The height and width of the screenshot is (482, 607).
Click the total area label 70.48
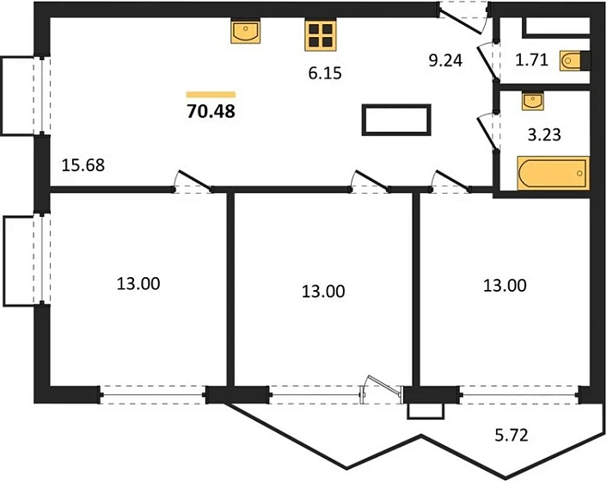211,112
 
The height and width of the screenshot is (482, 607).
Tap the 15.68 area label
83,165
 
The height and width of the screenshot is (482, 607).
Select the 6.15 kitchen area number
325,73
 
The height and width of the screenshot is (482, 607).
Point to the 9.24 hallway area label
445,61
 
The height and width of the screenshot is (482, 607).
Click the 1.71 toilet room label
532,60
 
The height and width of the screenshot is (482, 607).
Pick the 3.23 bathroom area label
544,135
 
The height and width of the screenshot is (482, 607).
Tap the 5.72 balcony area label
512,436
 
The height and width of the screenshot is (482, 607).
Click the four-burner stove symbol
320,35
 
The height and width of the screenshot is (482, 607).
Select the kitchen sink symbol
245,32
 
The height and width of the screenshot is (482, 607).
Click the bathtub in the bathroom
553,173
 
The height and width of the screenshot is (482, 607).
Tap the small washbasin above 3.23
533,101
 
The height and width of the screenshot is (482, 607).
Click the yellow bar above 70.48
211,95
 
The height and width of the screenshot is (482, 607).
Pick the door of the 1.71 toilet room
487,62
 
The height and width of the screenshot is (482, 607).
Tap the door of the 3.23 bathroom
487,132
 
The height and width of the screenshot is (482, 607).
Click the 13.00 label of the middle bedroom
323,292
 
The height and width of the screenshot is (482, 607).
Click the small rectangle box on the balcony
425,411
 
